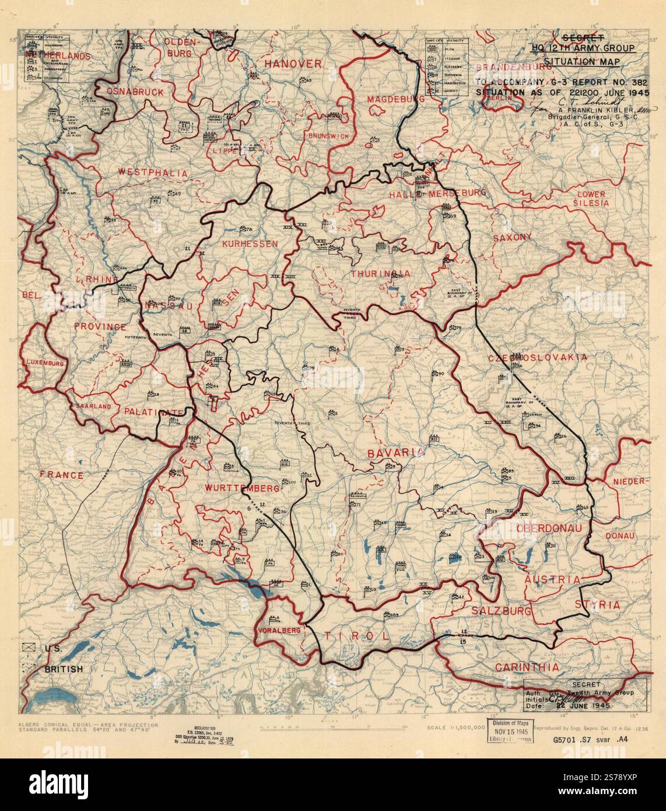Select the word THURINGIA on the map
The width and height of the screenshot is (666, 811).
(380, 273)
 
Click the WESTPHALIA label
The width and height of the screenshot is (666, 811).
(153, 173)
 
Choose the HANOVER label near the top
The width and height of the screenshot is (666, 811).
(292, 63)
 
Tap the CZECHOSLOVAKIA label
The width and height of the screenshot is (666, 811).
(537, 358)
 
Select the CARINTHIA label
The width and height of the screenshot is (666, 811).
(527, 667)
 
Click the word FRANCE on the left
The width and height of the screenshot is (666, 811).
(61, 475)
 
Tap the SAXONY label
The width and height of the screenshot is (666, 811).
(512, 237)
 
